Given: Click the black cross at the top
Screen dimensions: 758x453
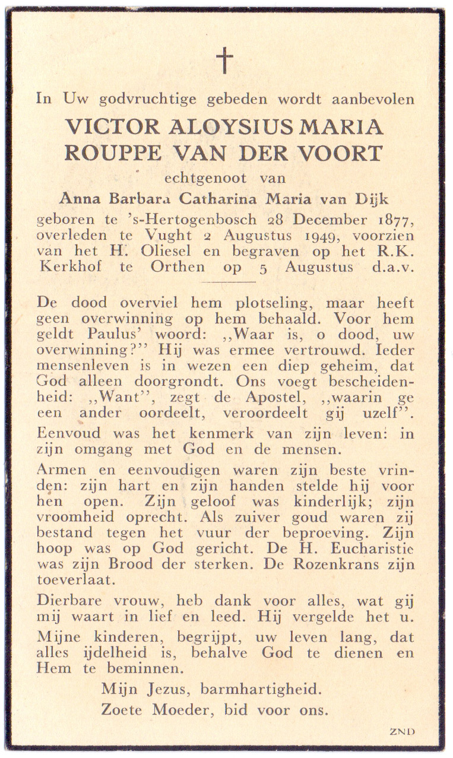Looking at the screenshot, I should (224, 60).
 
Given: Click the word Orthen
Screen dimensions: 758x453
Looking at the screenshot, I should (178, 267).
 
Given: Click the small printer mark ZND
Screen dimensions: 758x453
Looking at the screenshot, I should (402, 731).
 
